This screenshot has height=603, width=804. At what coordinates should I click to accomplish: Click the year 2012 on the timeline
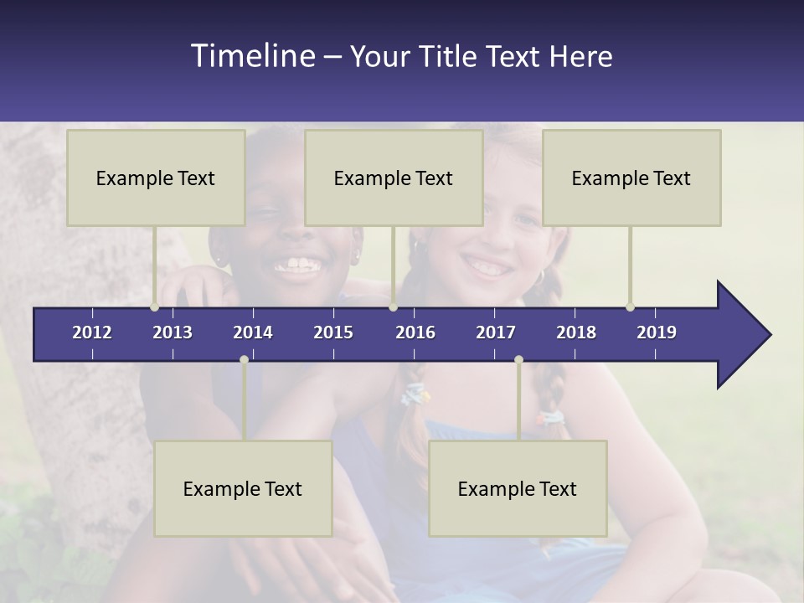click(92, 332)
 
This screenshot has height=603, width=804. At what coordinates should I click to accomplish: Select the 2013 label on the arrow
click(173, 332)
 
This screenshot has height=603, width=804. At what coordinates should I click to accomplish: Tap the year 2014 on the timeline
click(253, 332)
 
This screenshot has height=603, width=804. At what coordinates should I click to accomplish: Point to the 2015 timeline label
click(333, 332)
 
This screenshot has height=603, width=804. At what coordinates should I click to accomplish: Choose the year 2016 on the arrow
click(415, 332)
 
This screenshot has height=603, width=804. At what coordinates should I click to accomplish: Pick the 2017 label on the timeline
click(496, 332)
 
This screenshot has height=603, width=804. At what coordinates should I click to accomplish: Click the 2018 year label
click(576, 332)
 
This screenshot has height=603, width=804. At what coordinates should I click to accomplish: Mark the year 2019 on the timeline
click(657, 332)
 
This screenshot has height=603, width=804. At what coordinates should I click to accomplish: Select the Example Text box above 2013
click(156, 178)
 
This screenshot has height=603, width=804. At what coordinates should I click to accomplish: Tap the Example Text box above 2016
click(394, 178)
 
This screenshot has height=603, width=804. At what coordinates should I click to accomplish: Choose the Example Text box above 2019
click(631, 178)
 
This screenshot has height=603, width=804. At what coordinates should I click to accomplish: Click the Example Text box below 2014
click(243, 488)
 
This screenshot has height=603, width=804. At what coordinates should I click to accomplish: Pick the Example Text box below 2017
click(518, 488)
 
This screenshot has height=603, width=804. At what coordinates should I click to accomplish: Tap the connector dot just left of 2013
click(155, 307)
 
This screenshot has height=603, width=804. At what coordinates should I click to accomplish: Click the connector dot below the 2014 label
click(244, 359)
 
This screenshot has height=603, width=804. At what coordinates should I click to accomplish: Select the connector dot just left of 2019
click(630, 307)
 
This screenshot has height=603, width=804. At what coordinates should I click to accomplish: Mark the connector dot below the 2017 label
click(518, 359)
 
